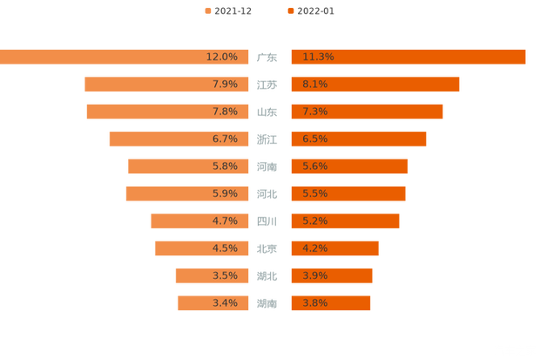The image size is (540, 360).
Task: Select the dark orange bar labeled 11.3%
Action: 408,57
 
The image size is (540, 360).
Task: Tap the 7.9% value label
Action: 225,85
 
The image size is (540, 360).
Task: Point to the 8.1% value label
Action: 315,85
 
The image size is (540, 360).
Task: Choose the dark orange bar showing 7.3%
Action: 366,112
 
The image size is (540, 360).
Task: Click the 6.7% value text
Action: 225,139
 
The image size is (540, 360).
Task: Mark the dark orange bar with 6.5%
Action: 357,139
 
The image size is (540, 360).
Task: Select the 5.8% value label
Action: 225,166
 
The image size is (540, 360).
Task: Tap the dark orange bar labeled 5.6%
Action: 348,166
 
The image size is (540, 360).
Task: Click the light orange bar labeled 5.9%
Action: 187,194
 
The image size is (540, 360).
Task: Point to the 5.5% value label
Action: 315,194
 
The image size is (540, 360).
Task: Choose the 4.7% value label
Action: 225,221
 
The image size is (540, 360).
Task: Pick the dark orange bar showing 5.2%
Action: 345,221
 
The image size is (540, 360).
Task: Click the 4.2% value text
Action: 315,248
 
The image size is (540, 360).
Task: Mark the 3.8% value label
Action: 315,303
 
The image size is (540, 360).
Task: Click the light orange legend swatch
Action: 206,11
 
